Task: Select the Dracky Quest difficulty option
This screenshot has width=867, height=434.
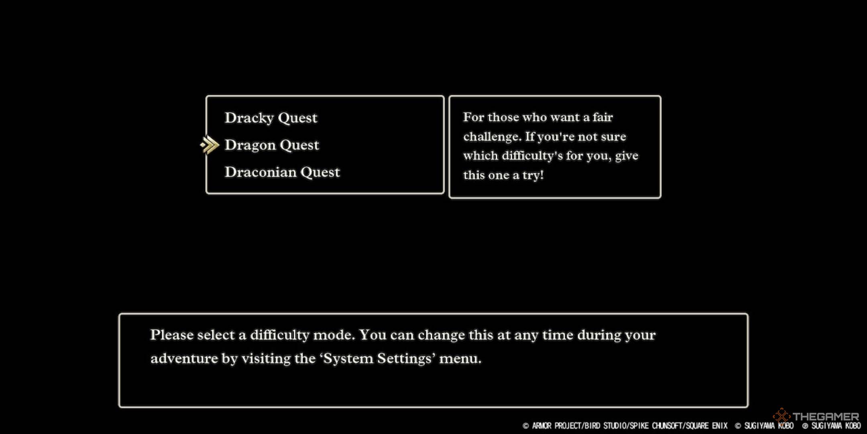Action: click(x=271, y=118)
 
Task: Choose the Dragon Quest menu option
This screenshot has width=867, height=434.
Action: click(x=272, y=145)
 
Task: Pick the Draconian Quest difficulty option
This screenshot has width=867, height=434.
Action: click(x=282, y=172)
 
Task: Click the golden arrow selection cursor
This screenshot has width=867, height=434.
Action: click(x=210, y=145)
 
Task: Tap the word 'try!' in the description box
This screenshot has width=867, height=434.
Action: click(x=533, y=175)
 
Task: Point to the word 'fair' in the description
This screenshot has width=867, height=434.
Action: click(x=602, y=117)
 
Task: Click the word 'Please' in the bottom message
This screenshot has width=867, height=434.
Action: click(x=172, y=335)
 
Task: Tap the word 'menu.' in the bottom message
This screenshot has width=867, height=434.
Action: click(x=460, y=358)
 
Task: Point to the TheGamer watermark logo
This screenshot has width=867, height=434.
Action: click(x=816, y=416)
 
